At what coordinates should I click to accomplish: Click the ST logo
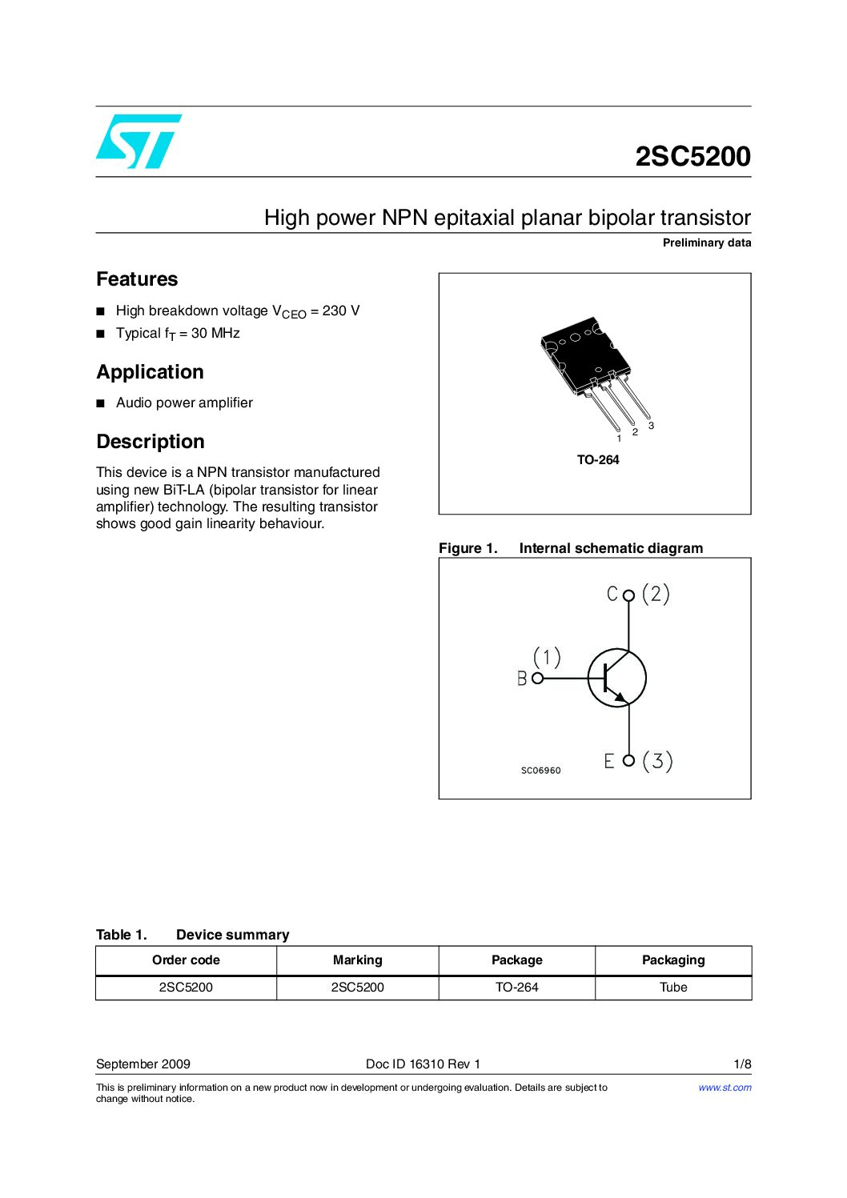click(x=138, y=142)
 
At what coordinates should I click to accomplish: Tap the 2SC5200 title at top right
click(x=692, y=157)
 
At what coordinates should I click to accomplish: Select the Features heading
click(x=137, y=279)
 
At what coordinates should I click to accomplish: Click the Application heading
click(x=150, y=372)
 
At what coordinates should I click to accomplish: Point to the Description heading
click(x=151, y=442)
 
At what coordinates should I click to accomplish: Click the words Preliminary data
click(x=706, y=243)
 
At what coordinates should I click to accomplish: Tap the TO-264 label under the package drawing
click(x=598, y=460)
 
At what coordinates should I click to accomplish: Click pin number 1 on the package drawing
click(x=619, y=439)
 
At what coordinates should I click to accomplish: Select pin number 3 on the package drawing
click(x=651, y=426)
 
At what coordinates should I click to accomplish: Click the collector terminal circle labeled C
click(x=628, y=595)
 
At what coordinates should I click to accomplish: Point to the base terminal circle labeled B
click(x=538, y=678)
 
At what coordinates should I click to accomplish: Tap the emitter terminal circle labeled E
click(x=628, y=760)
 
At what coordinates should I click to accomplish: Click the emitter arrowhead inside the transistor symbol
click(x=619, y=697)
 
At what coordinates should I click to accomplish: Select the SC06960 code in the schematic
click(x=541, y=771)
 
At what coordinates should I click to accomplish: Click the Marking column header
click(x=357, y=960)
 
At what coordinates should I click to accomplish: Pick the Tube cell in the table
click(x=673, y=988)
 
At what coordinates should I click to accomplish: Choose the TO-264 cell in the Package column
click(x=516, y=988)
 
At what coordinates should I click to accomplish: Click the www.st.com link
click(x=725, y=1088)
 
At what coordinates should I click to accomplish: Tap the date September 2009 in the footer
click(x=143, y=1064)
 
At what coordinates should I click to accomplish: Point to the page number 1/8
click(x=742, y=1064)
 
